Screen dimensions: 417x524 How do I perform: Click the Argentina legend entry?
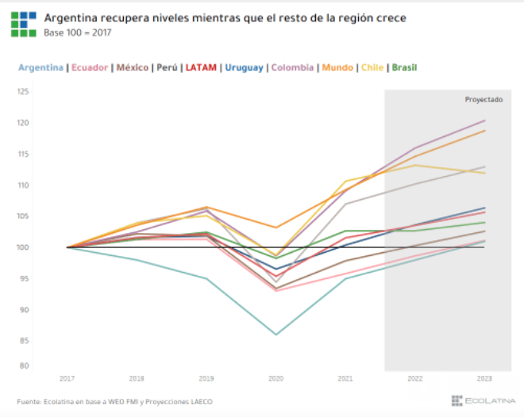[x=40, y=67]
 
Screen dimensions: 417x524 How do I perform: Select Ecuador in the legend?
[x=90, y=67]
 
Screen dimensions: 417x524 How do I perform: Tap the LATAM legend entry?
[x=202, y=67]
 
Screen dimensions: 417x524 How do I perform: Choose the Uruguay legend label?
[x=244, y=67]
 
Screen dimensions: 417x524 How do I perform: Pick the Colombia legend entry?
[x=293, y=67]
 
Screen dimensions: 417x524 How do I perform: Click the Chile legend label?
[x=373, y=67]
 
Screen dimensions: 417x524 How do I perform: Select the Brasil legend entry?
[x=404, y=67]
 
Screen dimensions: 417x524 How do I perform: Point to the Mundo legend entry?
[x=337, y=67]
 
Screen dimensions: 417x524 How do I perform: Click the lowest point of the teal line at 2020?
[x=276, y=335]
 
